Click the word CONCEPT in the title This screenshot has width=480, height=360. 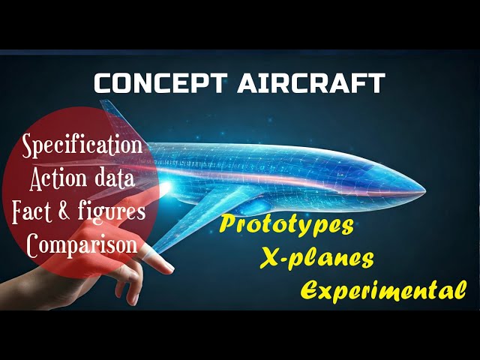[160, 83]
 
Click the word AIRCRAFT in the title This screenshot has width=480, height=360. [311, 83]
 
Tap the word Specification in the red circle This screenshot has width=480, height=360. [82, 146]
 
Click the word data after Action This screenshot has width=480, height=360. [115, 179]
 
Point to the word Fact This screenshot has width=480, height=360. [32, 211]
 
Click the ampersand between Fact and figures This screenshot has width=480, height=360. [64, 211]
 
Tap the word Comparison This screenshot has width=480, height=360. [82, 245]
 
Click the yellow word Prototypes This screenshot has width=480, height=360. [286, 225]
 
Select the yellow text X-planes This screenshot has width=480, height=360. [317, 259]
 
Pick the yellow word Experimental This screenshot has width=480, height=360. [383, 290]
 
